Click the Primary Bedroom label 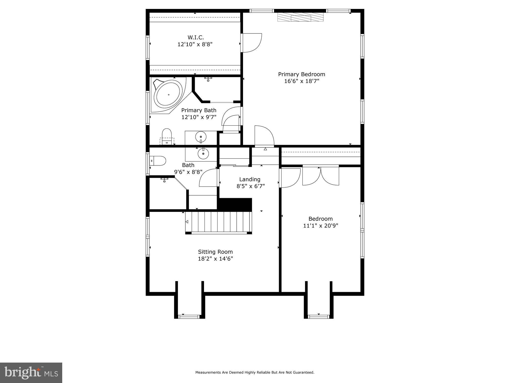point(301,74)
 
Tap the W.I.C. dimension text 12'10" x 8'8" point(195,44)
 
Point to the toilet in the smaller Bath point(158,161)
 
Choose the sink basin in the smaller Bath point(203,153)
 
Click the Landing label point(250,179)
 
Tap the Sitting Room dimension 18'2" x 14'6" point(215,259)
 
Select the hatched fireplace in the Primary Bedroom point(300,17)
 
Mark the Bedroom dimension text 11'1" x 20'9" point(321,226)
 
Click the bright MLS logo point(31,373)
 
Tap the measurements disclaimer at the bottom point(255,373)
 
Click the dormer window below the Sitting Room point(189,317)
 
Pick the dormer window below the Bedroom point(318,317)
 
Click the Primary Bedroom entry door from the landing point(264,136)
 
